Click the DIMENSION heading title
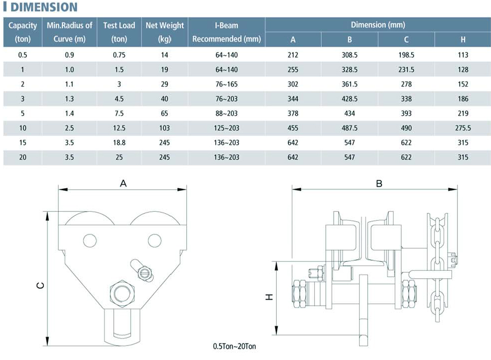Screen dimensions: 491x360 point(44,7)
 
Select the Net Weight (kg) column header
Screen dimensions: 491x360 point(165,32)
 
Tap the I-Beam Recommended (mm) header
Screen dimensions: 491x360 point(226,32)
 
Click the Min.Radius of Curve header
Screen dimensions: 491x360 point(69,32)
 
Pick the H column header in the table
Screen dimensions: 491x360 point(463,39)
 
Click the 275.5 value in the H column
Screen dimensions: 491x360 point(463,128)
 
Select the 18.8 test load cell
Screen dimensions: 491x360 point(119,143)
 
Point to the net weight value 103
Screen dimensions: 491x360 point(164,128)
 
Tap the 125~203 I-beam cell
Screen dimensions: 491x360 point(226,128)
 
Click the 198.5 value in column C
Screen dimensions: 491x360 point(406,55)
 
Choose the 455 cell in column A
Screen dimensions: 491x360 point(293,128)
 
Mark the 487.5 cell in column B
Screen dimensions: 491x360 point(350,128)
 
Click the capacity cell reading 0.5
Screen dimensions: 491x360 point(22,55)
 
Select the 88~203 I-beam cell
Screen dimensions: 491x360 point(226,113)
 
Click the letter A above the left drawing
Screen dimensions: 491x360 point(123,183)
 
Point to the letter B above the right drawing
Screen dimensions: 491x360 point(379,183)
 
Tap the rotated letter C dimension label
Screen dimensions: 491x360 point(40,286)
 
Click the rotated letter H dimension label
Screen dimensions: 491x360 point(269,297)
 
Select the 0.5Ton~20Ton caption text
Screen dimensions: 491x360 point(234,346)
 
